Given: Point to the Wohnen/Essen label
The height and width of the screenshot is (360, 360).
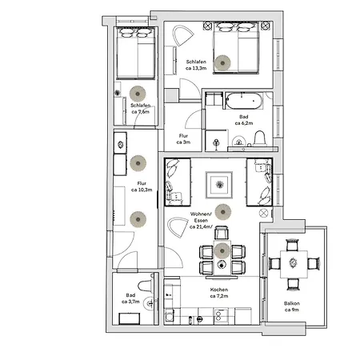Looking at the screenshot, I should (x=200, y=220).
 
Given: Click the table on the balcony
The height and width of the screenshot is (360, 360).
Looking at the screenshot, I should (x=292, y=262).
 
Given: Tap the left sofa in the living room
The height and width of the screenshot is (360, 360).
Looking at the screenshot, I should (x=178, y=182).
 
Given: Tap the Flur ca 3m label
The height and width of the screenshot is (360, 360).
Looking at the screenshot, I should (x=184, y=139).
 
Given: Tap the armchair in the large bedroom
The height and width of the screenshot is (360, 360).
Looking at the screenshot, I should (x=183, y=38).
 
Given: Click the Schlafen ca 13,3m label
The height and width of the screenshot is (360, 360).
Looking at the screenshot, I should (x=196, y=66).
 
